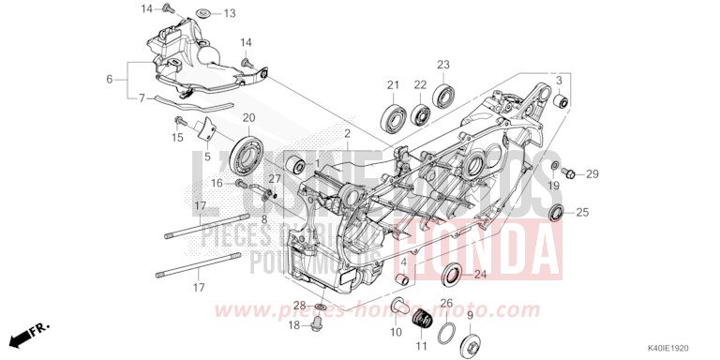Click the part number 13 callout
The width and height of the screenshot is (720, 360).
point(230,13)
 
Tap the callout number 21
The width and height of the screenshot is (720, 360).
point(393,85)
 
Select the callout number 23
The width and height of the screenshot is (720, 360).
point(443,64)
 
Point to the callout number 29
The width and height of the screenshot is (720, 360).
point(592,174)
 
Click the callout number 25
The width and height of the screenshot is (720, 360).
point(582,213)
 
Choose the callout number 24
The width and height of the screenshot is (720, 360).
point(480,275)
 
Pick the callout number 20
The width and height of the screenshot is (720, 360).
point(248,117)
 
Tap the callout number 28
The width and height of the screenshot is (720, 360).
point(299,306)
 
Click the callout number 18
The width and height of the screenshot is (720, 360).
point(294,325)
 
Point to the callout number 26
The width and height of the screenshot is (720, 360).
point(447,303)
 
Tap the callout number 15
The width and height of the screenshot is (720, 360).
point(177,138)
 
